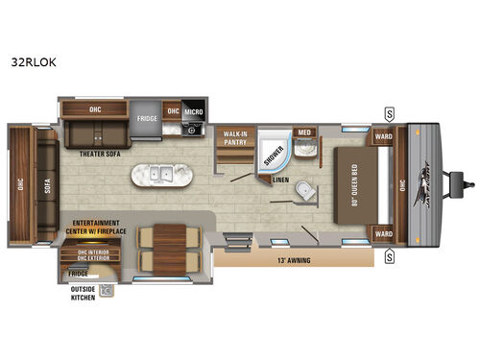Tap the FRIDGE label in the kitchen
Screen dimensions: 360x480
(x=147, y=118)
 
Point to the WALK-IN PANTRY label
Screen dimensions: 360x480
(x=236, y=137)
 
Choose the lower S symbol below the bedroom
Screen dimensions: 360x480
(x=390, y=255)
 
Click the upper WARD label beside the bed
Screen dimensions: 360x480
(x=383, y=135)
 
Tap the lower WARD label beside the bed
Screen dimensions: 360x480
(x=383, y=232)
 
